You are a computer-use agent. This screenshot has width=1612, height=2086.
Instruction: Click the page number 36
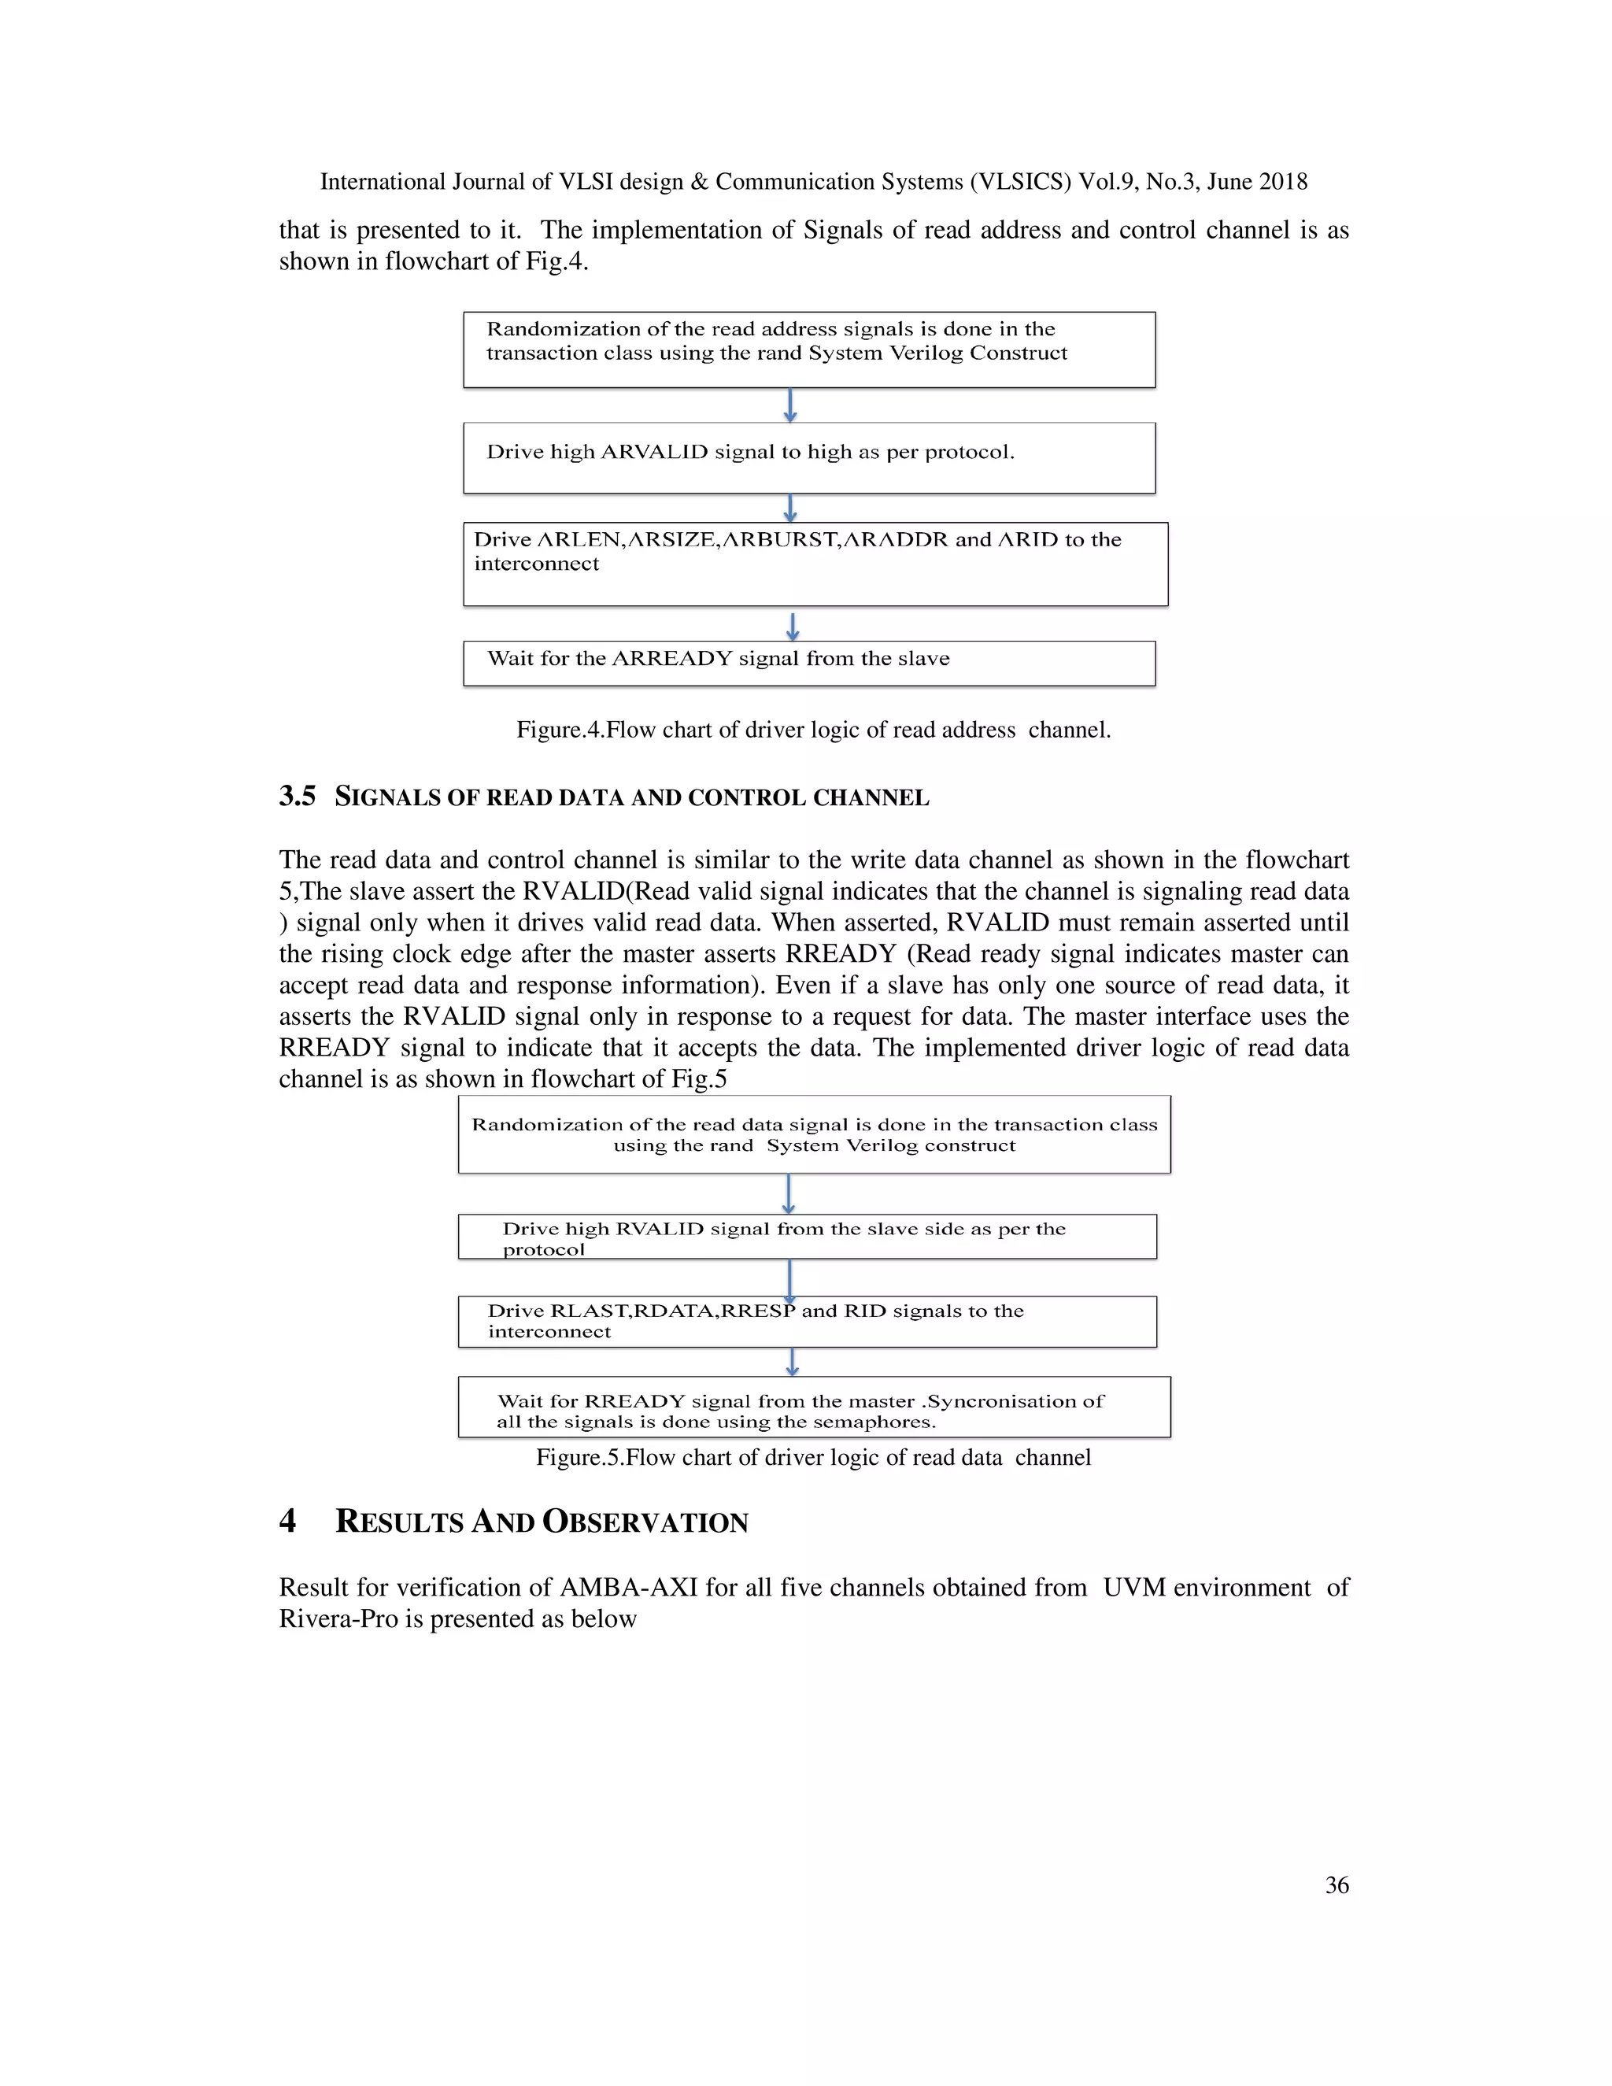1336,1884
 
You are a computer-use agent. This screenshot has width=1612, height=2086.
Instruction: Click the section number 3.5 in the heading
297,797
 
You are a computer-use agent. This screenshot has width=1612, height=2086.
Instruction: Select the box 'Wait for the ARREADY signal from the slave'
809,663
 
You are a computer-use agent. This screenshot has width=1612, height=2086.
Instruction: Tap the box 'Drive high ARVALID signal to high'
809,457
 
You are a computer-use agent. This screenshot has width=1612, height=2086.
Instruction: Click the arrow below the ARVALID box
789,507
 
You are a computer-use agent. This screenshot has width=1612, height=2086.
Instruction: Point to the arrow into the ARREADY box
793,626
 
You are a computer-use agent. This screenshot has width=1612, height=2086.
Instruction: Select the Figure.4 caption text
812,730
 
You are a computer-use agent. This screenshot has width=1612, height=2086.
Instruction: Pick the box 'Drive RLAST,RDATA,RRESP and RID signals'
807,1322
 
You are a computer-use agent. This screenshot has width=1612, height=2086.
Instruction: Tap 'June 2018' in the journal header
1257,182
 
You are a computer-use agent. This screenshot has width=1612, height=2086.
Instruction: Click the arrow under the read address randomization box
789,404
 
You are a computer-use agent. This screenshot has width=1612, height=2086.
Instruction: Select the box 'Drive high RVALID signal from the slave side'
807,1237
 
